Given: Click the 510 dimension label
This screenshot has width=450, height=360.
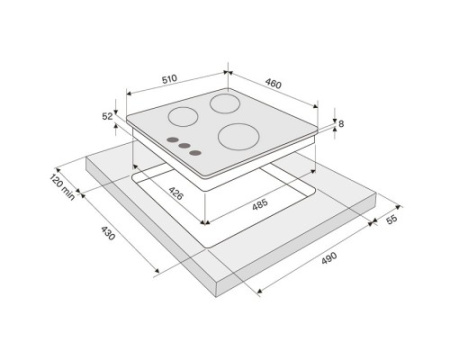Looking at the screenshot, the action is (169, 79).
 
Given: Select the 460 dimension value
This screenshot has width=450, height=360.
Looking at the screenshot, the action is (273, 83).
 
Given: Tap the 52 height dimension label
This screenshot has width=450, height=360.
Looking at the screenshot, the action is (107, 116).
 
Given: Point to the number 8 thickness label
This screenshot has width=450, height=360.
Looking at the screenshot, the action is (341, 124).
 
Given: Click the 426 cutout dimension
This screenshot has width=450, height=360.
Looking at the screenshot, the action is (176, 193).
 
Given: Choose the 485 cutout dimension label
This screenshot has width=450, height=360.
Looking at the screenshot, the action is (260, 204).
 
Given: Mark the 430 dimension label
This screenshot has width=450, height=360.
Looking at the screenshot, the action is (108, 233).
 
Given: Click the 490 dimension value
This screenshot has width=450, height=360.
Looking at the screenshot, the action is (329, 258).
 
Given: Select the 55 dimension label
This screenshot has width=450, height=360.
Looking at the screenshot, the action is (392, 219).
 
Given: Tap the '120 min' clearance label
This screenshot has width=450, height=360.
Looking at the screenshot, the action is (62, 187).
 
